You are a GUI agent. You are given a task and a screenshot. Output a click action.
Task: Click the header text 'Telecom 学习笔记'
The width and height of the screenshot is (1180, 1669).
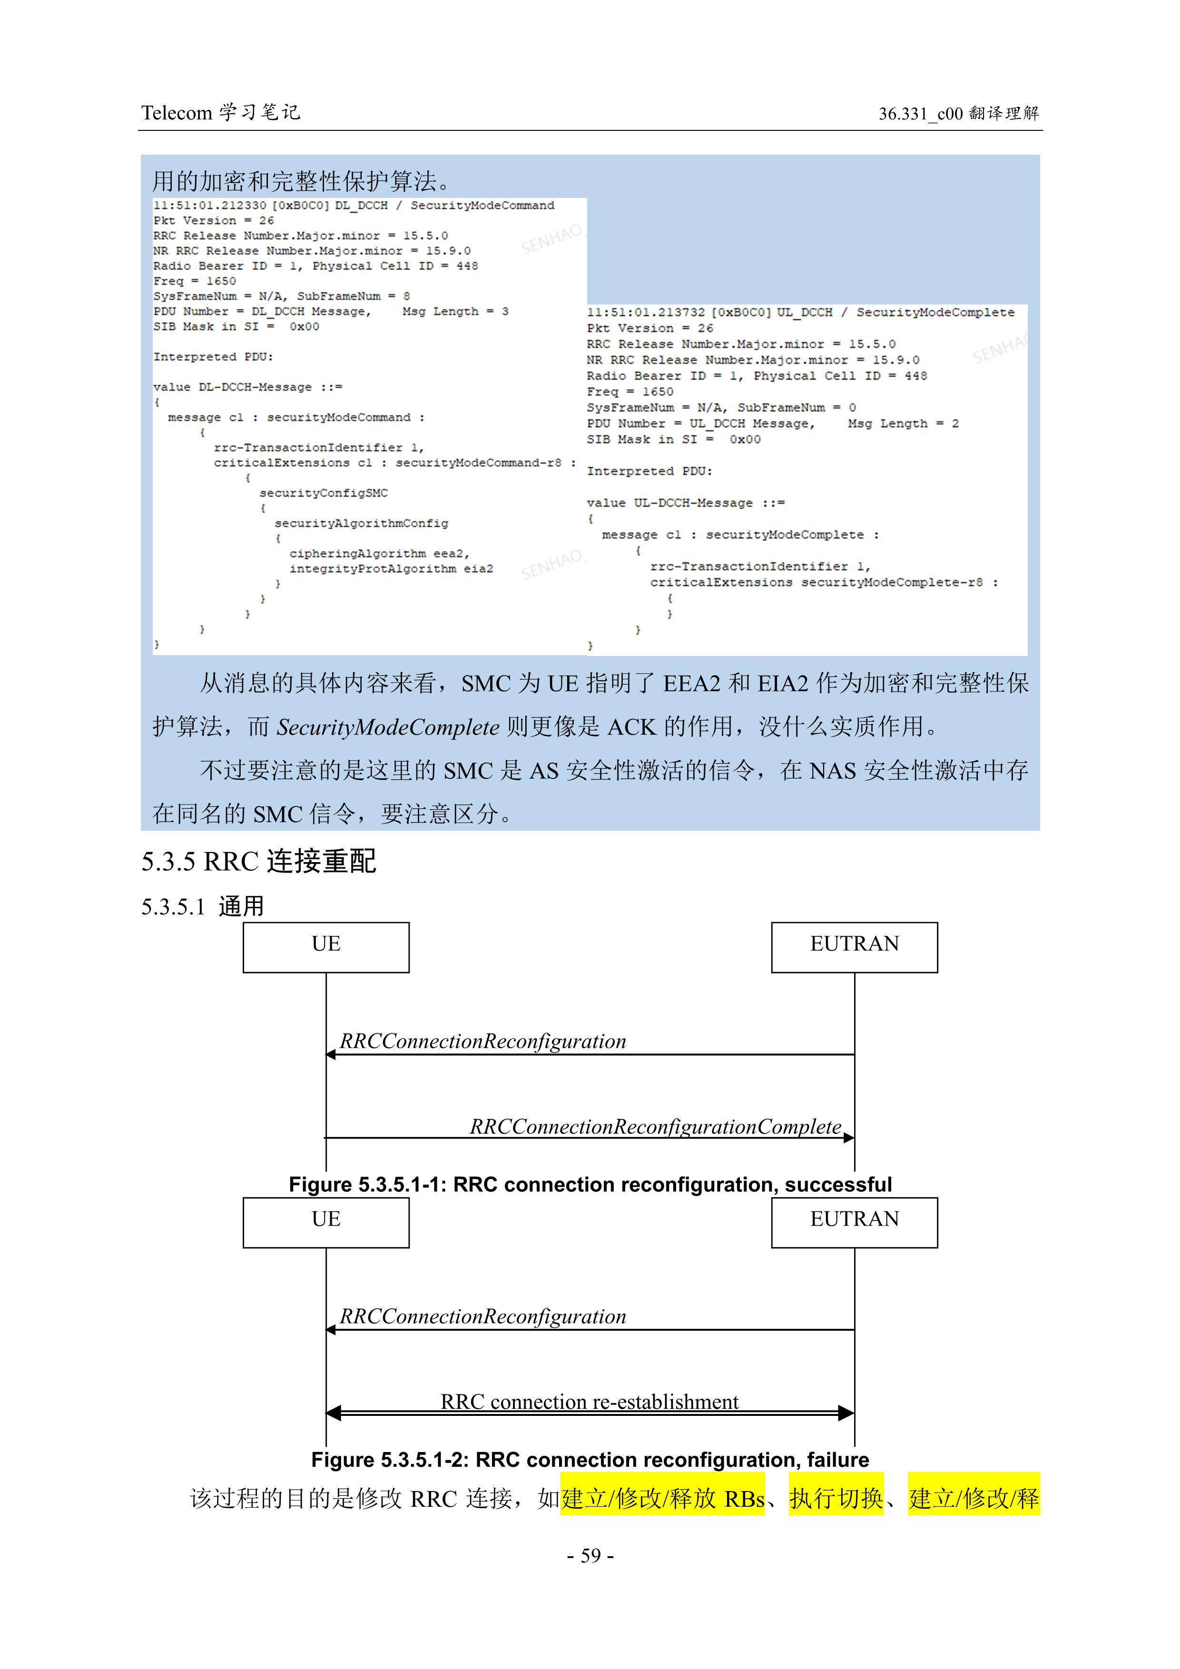point(220,113)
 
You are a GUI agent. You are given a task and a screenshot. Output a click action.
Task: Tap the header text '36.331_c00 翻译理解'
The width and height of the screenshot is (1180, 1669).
point(958,113)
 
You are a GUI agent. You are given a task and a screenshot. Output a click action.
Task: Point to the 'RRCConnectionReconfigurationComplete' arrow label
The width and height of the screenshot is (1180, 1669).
point(655,1126)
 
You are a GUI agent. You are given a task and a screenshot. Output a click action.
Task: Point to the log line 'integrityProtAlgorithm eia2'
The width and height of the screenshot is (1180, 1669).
point(391,569)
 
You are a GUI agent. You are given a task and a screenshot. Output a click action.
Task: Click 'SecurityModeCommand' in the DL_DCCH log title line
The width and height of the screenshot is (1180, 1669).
point(482,206)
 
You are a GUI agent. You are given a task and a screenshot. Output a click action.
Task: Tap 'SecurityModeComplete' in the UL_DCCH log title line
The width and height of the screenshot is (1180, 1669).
point(935,313)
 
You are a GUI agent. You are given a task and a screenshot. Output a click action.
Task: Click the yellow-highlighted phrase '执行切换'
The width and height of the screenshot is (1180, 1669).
point(836,1498)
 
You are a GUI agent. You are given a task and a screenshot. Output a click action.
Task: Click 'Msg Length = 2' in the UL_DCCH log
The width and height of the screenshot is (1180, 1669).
point(903,424)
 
